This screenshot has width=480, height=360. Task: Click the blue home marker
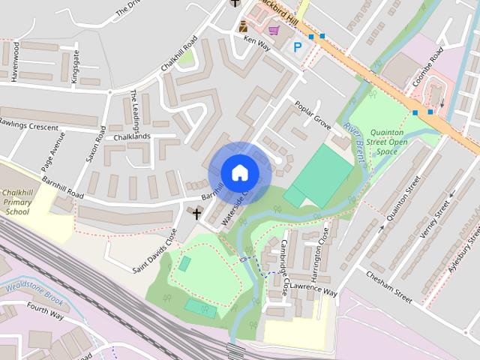239,173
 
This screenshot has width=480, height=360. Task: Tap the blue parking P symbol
298,46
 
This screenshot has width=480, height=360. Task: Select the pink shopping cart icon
274,30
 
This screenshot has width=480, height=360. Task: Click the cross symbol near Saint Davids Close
197,214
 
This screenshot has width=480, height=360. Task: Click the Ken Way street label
256,44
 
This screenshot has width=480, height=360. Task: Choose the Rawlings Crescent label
28,124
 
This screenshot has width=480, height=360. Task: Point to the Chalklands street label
132,137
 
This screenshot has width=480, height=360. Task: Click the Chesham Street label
390,286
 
